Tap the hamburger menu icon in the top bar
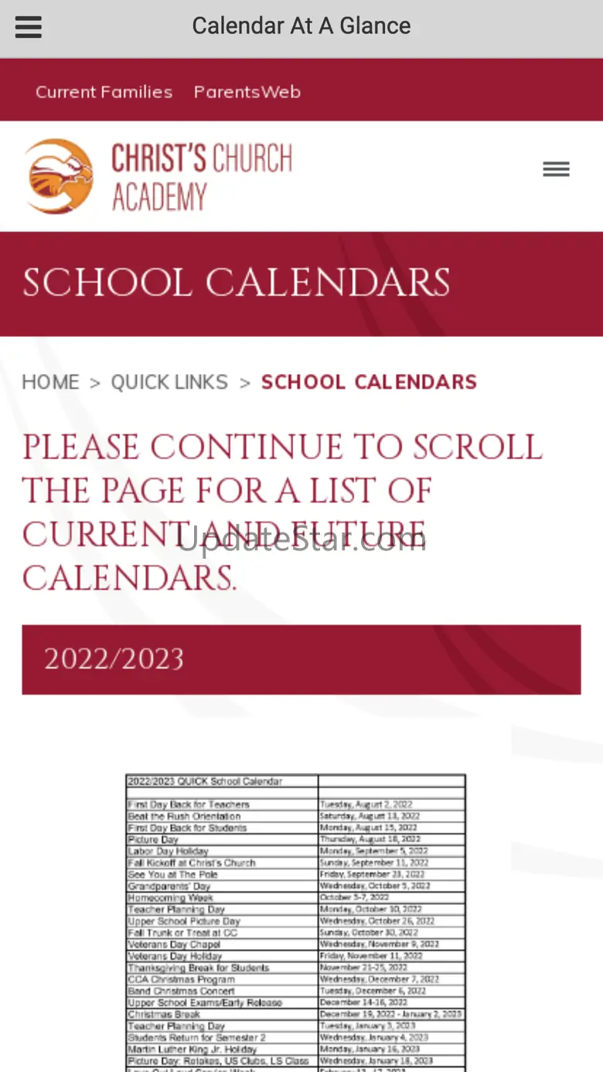(x=29, y=27)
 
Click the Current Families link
(x=104, y=92)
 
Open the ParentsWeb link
(x=247, y=92)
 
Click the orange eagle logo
(x=59, y=176)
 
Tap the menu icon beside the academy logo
(x=556, y=169)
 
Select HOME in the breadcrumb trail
(x=50, y=382)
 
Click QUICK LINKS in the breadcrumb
(x=169, y=382)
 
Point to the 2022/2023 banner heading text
(x=114, y=659)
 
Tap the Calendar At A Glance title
(x=301, y=26)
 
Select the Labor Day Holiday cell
(x=168, y=851)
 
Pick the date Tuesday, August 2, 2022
(x=368, y=805)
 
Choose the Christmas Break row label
(x=164, y=1014)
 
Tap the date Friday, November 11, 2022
(x=371, y=956)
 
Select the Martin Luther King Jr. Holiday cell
(x=191, y=1049)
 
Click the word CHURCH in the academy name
(x=247, y=158)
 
